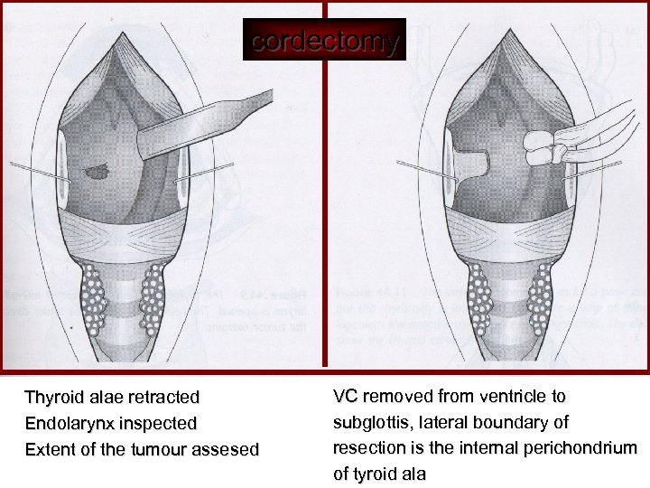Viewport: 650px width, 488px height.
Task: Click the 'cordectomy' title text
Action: [x=324, y=42]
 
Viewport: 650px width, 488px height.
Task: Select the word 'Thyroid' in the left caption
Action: [x=51, y=398]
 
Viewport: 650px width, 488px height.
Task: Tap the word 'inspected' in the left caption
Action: [x=162, y=424]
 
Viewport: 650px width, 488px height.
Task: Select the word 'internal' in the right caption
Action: [x=496, y=448]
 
